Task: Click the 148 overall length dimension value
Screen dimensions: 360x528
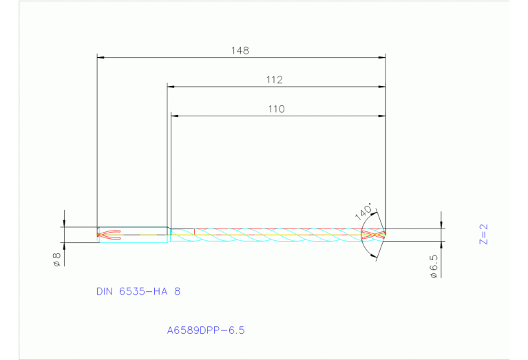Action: [240, 50]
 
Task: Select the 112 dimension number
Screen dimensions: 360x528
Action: [275, 80]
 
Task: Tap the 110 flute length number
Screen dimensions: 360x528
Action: [276, 109]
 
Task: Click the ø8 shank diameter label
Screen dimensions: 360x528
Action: [57, 260]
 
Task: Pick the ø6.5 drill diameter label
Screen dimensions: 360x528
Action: [434, 265]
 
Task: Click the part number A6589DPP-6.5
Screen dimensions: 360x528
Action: [206, 330]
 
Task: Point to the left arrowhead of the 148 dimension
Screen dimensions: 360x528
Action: [101, 57]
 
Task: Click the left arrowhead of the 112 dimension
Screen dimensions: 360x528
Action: [171, 87]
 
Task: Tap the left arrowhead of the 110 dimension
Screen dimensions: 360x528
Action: [174, 116]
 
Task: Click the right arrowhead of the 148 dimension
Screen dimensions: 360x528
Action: [381, 57]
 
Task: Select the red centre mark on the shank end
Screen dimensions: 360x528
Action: [110, 235]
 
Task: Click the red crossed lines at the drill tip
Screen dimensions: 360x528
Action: [372, 235]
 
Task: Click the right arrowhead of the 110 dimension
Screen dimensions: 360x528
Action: [381, 116]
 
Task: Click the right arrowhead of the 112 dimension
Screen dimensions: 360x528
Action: [381, 87]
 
